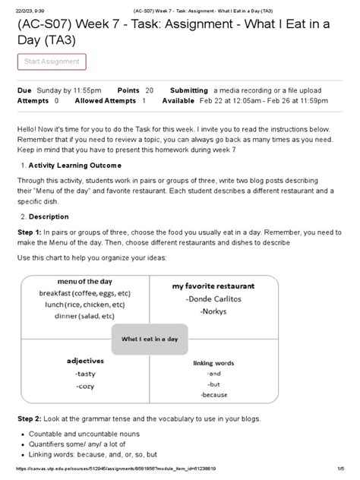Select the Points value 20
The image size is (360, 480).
pos(149,90)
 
